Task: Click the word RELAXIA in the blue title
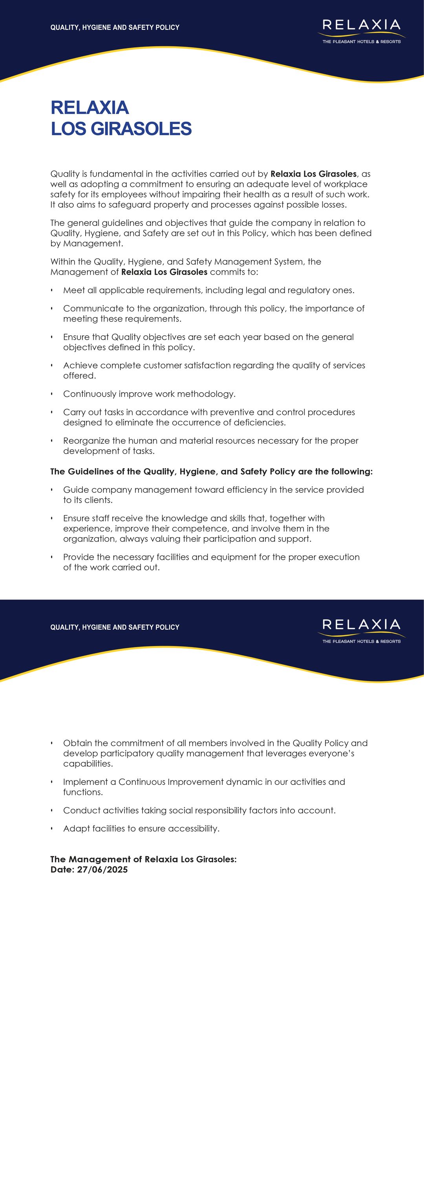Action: coord(90,108)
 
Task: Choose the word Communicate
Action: coord(88,309)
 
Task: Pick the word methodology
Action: coord(208,394)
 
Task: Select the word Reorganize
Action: coord(88,441)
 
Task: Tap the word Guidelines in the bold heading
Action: coord(90,472)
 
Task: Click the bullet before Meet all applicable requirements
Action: coord(52,291)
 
